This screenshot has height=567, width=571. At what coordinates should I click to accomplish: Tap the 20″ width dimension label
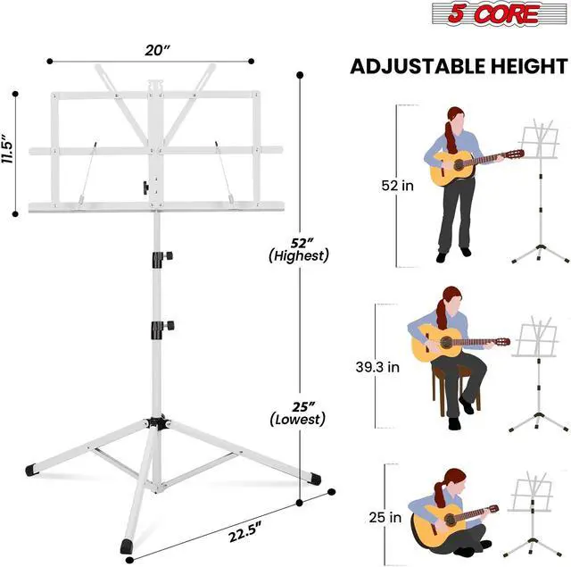[x=157, y=50]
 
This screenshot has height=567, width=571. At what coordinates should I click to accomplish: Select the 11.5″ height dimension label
[x=7, y=149]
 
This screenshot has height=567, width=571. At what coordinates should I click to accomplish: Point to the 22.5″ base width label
[x=244, y=531]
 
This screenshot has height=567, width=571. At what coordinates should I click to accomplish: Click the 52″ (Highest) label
[x=299, y=250]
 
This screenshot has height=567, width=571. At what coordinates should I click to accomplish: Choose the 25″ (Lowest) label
[x=298, y=413]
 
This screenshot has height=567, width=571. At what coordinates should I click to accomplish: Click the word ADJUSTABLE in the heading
[x=418, y=66]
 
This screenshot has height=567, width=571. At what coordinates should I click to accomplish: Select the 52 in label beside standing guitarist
[x=397, y=186]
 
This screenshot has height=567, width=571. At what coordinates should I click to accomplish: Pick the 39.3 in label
[x=377, y=367]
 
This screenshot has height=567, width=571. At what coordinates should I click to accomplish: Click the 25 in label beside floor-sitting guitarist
[x=385, y=517]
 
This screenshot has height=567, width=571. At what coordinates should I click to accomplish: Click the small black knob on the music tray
[x=146, y=188]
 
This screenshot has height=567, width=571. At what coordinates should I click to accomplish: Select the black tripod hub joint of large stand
[x=159, y=422]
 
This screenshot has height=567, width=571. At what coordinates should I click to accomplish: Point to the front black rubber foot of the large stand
[x=127, y=546]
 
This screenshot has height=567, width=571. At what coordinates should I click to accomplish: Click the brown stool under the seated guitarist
[x=455, y=389]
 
